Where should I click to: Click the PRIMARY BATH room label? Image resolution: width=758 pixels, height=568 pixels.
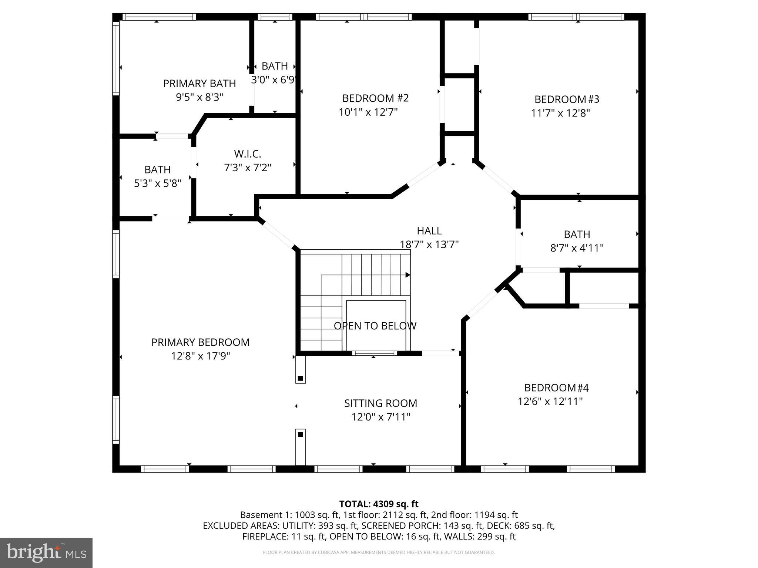[x=199, y=84]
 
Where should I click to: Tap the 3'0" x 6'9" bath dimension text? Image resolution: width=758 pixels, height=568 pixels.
[x=274, y=80]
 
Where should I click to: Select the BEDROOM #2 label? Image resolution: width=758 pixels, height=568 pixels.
[x=375, y=98]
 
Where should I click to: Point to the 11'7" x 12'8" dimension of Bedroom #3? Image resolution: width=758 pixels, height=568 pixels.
[x=560, y=113]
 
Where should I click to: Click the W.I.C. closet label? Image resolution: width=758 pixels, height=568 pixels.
[x=248, y=154]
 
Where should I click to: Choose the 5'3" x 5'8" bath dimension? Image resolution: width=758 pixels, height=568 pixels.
[x=157, y=183]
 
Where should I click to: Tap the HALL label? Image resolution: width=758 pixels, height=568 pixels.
[x=429, y=231]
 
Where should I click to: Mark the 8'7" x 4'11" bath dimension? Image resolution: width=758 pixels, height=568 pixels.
[x=577, y=248]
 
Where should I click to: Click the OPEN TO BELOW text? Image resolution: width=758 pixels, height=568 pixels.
[x=375, y=326]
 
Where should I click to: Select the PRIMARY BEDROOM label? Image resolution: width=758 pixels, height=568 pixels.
[x=200, y=342]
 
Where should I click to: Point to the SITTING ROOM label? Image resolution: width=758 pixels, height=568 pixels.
[x=380, y=403]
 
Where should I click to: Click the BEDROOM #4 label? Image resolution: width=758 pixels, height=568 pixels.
[x=556, y=388]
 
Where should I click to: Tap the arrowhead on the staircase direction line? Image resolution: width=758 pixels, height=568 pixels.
[x=408, y=275]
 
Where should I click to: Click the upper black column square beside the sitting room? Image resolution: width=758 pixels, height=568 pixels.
[x=301, y=378]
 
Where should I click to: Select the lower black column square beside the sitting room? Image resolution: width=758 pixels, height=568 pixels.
[x=301, y=435]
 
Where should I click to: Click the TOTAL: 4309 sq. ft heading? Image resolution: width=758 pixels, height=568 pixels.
[x=379, y=504]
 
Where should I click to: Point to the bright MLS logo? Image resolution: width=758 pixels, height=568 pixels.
[x=46, y=553]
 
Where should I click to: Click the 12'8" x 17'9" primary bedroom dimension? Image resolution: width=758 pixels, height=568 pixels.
[x=200, y=356]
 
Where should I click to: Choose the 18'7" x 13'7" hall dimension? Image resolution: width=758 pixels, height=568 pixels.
[x=429, y=245]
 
